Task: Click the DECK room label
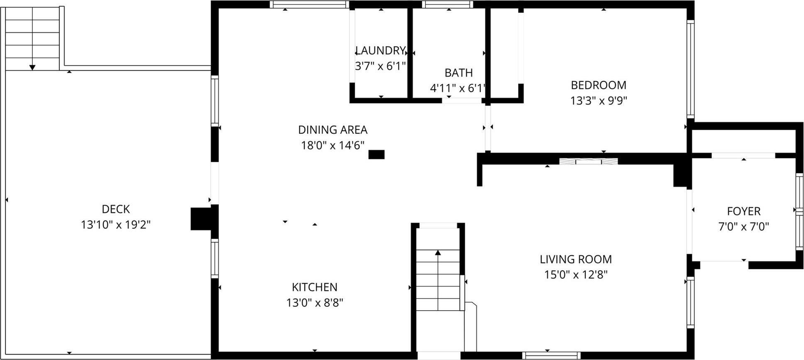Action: coord(116,209)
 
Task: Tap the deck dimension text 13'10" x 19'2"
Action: coord(116,225)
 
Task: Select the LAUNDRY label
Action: coord(380,51)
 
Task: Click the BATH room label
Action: coord(459,73)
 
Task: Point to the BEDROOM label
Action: coord(599,85)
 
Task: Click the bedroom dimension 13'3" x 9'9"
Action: coord(599,100)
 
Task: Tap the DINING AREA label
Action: coord(332,130)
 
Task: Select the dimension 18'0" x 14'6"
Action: coord(332,145)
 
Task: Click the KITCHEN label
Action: coord(315,287)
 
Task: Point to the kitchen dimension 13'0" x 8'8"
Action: coord(315,303)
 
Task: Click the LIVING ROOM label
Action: coord(576,259)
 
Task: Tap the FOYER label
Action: coord(744,211)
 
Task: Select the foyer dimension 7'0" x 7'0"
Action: coord(744,227)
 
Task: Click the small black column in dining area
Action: coord(376,154)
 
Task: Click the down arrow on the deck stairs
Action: coord(32,67)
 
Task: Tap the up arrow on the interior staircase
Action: coord(438,252)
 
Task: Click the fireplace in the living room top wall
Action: coord(588,161)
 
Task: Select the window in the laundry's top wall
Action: coord(309,5)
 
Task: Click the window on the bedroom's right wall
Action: coord(690,69)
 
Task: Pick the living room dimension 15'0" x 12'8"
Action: coord(576,274)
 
